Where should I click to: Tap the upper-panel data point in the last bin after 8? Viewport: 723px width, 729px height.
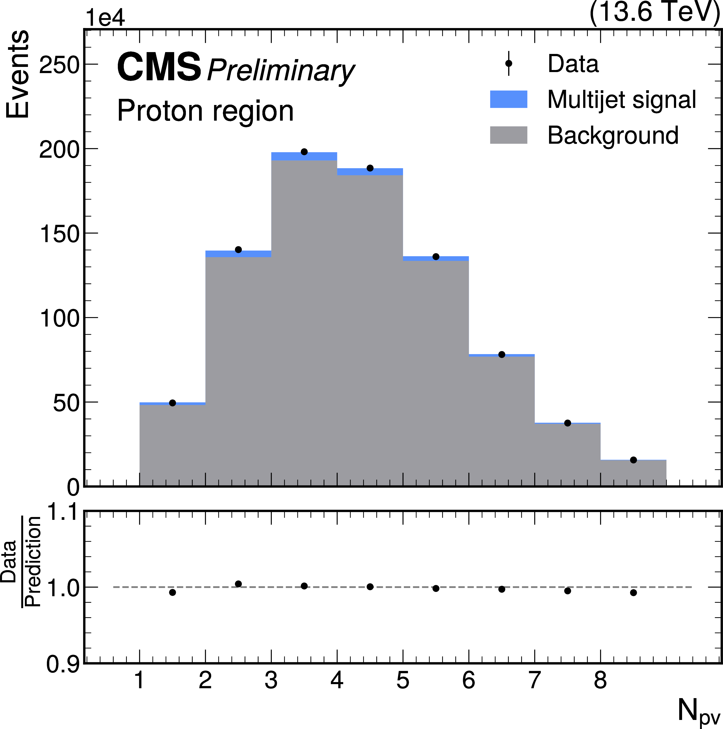click(x=633, y=460)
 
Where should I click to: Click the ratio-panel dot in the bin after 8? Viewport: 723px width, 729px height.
click(x=633, y=593)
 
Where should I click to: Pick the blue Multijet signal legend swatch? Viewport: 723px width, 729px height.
click(x=509, y=99)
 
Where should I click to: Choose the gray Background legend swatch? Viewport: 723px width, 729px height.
click(x=509, y=135)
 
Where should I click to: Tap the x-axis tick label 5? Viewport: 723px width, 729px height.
click(x=403, y=680)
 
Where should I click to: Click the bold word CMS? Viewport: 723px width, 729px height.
click(x=159, y=67)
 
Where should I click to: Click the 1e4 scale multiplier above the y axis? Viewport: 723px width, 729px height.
click(x=105, y=18)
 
